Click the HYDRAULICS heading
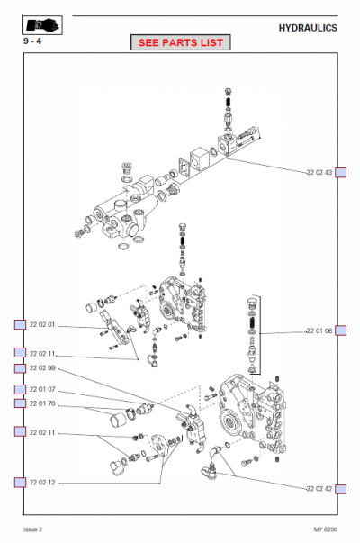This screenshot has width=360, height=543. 309,28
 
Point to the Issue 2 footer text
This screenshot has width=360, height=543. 34,529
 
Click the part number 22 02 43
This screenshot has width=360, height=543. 319,172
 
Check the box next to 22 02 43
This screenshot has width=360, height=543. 341,172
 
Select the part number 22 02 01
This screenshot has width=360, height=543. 41,324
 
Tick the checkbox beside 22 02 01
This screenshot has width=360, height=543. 19,324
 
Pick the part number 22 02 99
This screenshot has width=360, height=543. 41,368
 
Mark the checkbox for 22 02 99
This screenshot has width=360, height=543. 19,368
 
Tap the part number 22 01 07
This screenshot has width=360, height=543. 41,389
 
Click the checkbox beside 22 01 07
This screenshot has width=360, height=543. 19,389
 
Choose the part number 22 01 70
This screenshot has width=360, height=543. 41,403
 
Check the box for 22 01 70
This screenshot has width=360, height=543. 19,403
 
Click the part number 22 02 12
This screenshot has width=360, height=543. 41,483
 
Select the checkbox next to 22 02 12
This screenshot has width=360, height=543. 19,483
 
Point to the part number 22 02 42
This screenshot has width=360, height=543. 319,487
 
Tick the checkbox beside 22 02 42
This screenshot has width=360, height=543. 341,487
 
